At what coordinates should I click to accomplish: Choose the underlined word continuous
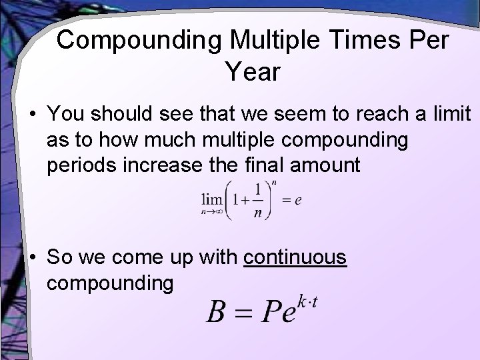tap(295, 257)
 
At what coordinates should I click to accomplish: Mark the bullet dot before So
tap(33, 258)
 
